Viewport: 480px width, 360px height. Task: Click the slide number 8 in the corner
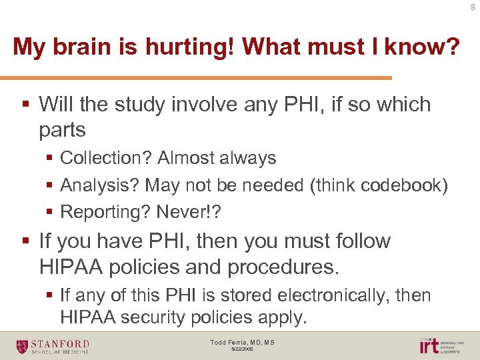(473, 8)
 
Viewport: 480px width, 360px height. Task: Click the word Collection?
(105, 158)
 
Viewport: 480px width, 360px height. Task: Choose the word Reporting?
(105, 212)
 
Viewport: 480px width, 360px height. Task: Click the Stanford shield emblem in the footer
(23, 345)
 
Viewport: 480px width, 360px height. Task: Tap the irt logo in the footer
(429, 345)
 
